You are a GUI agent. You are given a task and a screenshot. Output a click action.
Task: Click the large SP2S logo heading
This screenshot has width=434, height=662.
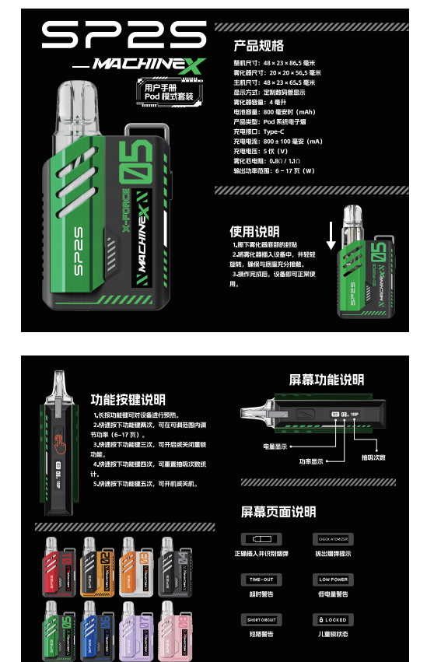(x=124, y=35)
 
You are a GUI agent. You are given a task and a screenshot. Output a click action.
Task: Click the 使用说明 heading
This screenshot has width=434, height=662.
(x=254, y=232)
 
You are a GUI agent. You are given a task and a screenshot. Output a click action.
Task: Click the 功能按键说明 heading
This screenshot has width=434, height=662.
(x=128, y=400)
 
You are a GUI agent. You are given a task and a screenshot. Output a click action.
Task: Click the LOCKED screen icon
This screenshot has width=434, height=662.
(x=333, y=619)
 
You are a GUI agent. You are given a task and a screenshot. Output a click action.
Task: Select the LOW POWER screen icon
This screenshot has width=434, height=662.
(x=333, y=580)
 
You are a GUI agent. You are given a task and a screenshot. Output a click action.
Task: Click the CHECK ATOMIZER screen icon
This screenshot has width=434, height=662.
(x=333, y=539)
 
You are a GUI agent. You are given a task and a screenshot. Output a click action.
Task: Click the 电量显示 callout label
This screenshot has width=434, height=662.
(x=276, y=447)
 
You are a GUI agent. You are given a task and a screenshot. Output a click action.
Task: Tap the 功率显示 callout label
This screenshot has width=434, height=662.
(x=307, y=461)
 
